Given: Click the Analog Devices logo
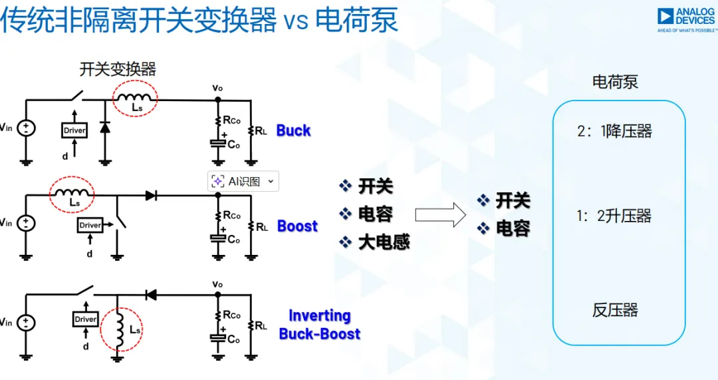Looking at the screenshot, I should (x=687, y=20).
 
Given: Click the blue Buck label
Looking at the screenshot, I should (x=293, y=130).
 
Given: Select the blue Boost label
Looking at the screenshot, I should (x=297, y=226).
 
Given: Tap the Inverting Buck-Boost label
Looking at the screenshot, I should (x=320, y=325).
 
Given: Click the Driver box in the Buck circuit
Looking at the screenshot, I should (x=74, y=130).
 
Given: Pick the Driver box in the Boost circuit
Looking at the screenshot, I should (x=90, y=226).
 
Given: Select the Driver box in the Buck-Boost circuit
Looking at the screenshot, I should (x=85, y=319).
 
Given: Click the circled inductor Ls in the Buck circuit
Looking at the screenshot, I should (x=134, y=100).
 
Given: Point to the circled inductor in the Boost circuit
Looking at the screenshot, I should (x=72, y=195).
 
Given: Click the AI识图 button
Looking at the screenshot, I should (x=243, y=182).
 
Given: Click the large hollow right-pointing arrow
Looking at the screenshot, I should (x=439, y=214).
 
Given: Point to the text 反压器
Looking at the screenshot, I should (x=615, y=310).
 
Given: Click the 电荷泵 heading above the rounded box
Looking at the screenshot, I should (x=615, y=82).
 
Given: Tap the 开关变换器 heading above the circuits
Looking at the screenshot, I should (x=118, y=69).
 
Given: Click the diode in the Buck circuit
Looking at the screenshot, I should (x=105, y=128).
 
